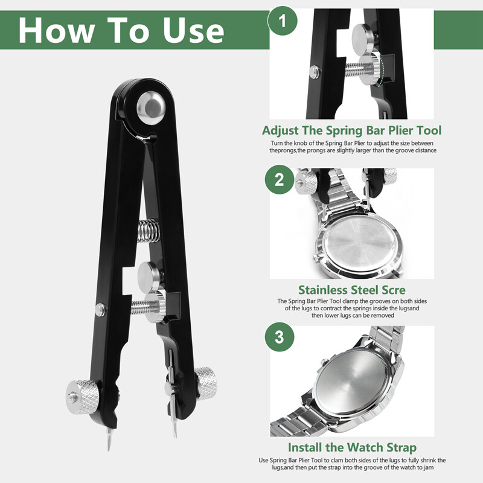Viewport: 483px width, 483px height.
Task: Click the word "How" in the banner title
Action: click(57, 30)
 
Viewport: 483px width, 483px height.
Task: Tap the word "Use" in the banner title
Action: click(194, 30)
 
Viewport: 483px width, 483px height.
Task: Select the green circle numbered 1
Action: click(283, 21)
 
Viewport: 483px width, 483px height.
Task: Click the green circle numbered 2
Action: click(280, 179)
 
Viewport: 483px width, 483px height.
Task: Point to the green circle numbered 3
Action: click(280, 337)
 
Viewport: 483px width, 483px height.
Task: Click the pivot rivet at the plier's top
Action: click(151, 108)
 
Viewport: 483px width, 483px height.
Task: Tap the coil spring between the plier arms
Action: click(148, 231)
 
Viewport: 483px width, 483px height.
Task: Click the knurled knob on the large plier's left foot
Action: click(83, 397)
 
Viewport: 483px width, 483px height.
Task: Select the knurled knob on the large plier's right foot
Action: click(206, 383)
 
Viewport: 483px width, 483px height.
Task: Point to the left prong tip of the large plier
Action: click(109, 449)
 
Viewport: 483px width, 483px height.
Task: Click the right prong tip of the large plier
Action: click(175, 436)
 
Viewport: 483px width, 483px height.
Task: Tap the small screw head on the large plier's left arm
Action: click(100, 310)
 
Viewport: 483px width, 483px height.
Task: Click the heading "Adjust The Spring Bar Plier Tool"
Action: click(352, 130)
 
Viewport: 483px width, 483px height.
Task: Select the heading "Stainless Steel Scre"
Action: click(352, 290)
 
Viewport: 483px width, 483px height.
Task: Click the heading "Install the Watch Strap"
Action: click(352, 447)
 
